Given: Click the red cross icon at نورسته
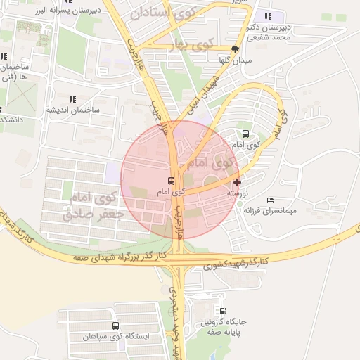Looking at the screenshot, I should (x=237, y=182).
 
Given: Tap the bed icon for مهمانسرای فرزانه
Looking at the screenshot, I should (x=271, y=200).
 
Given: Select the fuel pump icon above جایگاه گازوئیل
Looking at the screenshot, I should (x=224, y=311).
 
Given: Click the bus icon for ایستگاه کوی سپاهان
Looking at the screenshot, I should (x=115, y=326).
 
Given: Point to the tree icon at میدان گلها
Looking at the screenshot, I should (x=235, y=49).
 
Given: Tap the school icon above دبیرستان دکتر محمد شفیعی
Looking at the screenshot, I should (x=266, y=17).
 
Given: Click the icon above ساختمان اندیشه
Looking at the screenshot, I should (x=71, y=99).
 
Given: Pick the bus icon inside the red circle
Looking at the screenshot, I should (x=172, y=181).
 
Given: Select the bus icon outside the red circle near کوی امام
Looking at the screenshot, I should (x=245, y=134).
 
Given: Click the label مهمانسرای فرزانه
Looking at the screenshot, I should (x=271, y=210).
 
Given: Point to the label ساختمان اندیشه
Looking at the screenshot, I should (x=71, y=110).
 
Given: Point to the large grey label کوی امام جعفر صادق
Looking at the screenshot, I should (x=94, y=206).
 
